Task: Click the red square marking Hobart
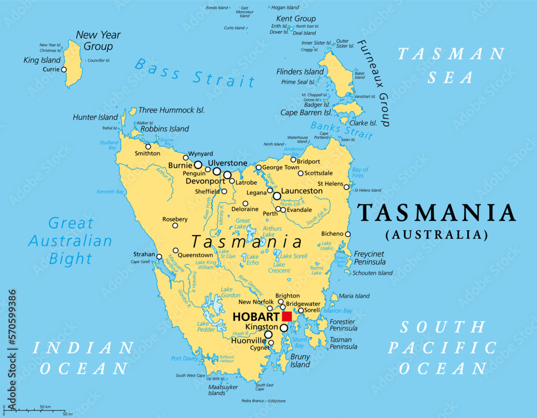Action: (x=287, y=317)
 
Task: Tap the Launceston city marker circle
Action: (x=277, y=196)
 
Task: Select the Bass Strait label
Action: (x=194, y=72)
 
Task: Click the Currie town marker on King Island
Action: (x=64, y=69)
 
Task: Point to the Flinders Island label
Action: (x=300, y=72)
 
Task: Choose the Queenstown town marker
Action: (x=176, y=250)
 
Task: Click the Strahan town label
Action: (x=144, y=254)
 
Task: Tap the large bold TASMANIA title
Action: (x=437, y=213)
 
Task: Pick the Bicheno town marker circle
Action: (x=348, y=234)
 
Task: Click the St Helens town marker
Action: (x=346, y=187)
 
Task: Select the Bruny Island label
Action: (x=300, y=361)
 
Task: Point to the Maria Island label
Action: (x=354, y=296)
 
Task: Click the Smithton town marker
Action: (x=148, y=146)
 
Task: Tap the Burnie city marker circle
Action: (x=198, y=165)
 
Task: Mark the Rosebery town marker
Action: (x=175, y=225)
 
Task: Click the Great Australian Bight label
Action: (x=70, y=240)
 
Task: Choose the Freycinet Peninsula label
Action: (x=369, y=258)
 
